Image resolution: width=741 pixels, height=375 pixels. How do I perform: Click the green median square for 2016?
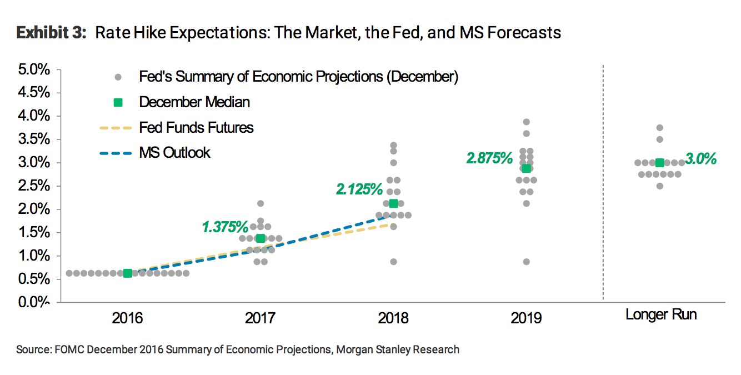(128, 273)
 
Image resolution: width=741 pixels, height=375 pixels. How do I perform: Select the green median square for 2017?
(261, 238)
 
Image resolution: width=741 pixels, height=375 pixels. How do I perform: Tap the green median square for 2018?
(393, 203)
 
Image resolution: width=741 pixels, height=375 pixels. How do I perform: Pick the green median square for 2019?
(526, 168)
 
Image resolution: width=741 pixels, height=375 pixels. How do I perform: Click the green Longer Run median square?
(659, 163)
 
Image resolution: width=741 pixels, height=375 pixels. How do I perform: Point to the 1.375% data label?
(224, 227)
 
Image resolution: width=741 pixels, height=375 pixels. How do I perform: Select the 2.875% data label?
(489, 158)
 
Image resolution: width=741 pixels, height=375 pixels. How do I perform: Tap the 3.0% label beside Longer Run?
(700, 159)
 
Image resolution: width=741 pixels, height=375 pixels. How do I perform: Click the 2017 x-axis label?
(261, 318)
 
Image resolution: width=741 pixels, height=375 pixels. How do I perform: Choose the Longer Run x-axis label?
(661, 314)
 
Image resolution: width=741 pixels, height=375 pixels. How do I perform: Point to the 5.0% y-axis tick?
(35, 70)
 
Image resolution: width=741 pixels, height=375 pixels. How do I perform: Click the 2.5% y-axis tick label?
(35, 186)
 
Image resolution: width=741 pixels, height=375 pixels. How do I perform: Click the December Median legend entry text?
(194, 102)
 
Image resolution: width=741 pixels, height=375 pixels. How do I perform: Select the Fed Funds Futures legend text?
(196, 128)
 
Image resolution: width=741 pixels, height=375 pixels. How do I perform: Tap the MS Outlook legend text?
(174, 153)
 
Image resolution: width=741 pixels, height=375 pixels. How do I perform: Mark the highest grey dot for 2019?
(526, 122)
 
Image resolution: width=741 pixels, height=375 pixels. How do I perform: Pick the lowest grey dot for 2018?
(393, 262)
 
